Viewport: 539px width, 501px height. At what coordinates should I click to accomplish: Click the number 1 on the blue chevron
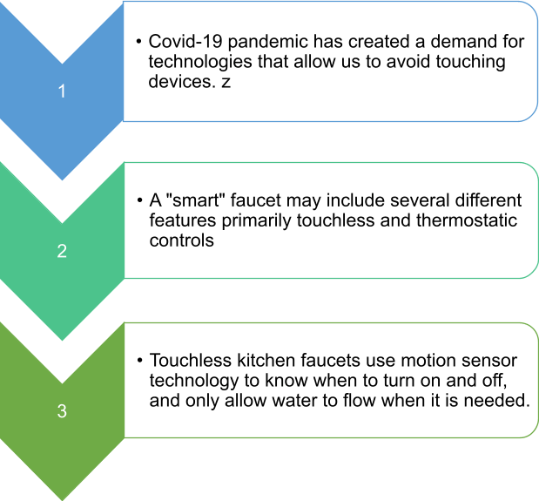[62, 91]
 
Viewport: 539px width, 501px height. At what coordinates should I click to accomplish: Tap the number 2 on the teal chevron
[62, 251]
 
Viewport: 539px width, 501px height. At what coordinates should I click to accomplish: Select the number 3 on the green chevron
[62, 411]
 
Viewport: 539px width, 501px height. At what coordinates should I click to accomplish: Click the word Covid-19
[185, 41]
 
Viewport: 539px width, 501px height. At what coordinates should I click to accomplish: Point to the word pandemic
[268, 43]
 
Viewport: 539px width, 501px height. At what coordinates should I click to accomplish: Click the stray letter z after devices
[226, 83]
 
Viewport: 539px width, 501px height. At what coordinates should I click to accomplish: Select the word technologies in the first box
[200, 62]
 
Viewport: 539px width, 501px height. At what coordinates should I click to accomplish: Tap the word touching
[470, 62]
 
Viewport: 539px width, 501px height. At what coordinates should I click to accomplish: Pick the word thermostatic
[467, 220]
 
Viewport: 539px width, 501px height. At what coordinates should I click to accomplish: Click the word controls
[181, 240]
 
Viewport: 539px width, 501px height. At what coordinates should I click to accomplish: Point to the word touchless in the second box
[335, 220]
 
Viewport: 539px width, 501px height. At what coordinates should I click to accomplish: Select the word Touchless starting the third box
[191, 361]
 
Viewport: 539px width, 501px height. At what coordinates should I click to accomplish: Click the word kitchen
[266, 361]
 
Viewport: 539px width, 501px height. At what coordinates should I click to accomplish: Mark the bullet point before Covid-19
[138, 42]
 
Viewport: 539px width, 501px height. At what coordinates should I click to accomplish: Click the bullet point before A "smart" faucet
[139, 200]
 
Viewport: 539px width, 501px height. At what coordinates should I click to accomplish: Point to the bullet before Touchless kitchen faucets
[139, 361]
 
